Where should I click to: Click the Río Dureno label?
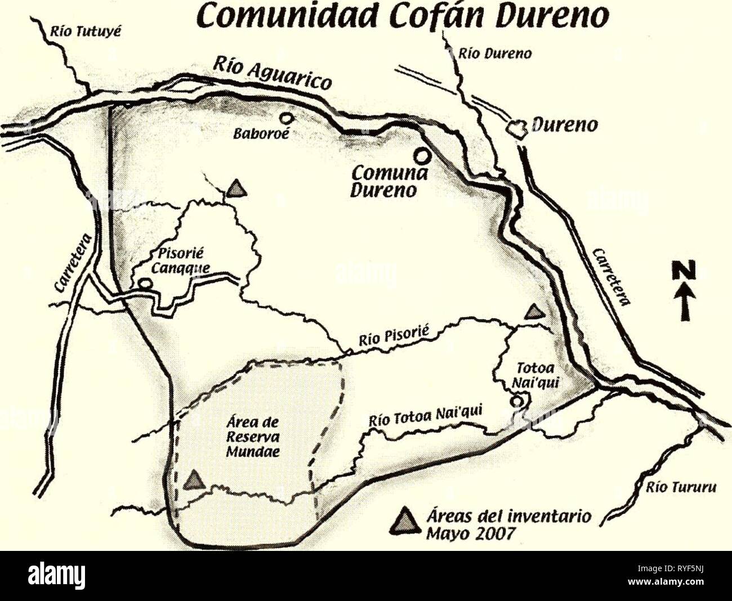494,55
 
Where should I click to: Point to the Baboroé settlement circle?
287,118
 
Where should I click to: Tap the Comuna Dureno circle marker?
421,154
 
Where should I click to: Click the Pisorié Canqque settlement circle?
145,284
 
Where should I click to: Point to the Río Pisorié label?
394,335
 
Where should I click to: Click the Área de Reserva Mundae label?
253,437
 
